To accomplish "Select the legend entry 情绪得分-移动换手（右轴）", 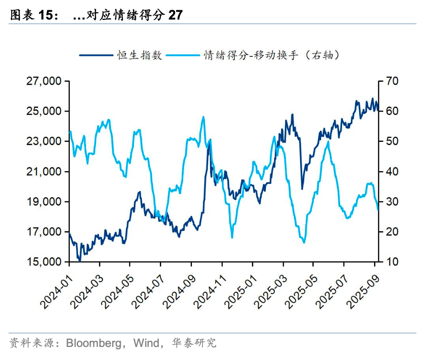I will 272,55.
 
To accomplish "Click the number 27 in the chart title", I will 175,15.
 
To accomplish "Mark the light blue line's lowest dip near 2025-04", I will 304,242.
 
